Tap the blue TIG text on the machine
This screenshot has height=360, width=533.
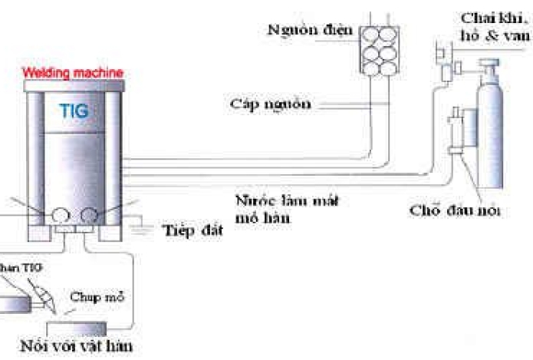[x=74, y=111]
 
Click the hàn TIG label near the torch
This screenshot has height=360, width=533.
[x=21, y=266]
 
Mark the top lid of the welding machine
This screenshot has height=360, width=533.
[x=74, y=84]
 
